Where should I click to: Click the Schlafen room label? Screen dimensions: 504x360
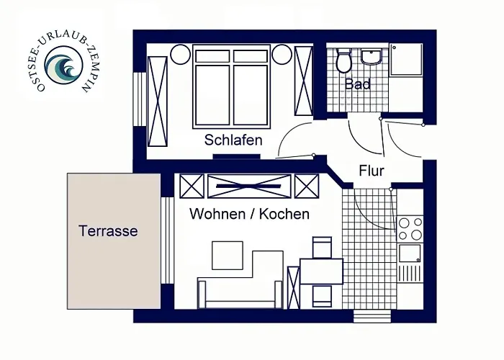point(233,140)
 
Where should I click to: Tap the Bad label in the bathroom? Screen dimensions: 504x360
point(357,84)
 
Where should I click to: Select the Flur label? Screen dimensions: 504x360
point(372,171)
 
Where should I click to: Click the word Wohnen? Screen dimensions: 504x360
point(217,214)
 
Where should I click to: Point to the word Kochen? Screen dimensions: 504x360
point(284,214)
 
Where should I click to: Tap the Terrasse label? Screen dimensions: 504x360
point(108,231)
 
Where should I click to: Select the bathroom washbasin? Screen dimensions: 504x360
point(372,57)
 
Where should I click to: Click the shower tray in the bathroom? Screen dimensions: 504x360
point(406,60)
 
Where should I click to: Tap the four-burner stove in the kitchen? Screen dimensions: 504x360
point(410,229)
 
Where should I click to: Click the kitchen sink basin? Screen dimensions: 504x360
point(409,253)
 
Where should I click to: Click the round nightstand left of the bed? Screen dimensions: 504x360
point(180,54)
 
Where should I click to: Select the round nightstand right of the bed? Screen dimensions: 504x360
point(282,54)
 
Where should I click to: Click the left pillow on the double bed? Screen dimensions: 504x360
point(212,56)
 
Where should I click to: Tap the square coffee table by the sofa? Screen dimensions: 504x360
point(228,256)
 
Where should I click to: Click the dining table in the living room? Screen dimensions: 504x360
point(321,271)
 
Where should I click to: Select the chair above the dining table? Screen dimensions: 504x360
point(322,247)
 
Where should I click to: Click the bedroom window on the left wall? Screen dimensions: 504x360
point(140,99)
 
